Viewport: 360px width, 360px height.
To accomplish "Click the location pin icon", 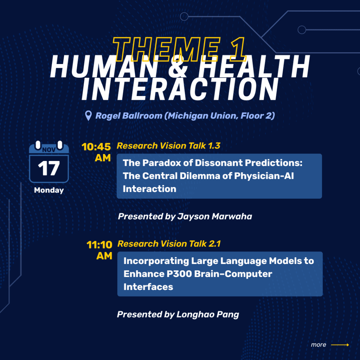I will pyautogui.click(x=89, y=116).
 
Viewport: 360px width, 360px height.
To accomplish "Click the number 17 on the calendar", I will pyautogui.click(x=49, y=169).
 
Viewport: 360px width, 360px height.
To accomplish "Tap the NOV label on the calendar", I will pyautogui.click(x=49, y=149).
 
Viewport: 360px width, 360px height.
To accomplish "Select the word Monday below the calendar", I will pyautogui.click(x=49, y=190).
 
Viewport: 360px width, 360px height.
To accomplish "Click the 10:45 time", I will pyautogui.click(x=96, y=147).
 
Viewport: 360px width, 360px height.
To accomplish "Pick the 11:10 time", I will pyautogui.click(x=99, y=244).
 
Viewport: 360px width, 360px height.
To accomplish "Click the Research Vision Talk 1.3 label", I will pyautogui.click(x=168, y=146).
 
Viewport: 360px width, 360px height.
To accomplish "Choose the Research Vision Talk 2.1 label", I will pyautogui.click(x=169, y=243).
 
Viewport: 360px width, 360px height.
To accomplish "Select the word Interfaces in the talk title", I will pyautogui.click(x=148, y=287).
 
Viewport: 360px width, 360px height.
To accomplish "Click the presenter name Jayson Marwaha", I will pyautogui.click(x=214, y=216).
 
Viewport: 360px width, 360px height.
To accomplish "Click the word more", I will pyautogui.click(x=318, y=345).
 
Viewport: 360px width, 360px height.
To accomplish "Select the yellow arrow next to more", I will pyautogui.click(x=340, y=345).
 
